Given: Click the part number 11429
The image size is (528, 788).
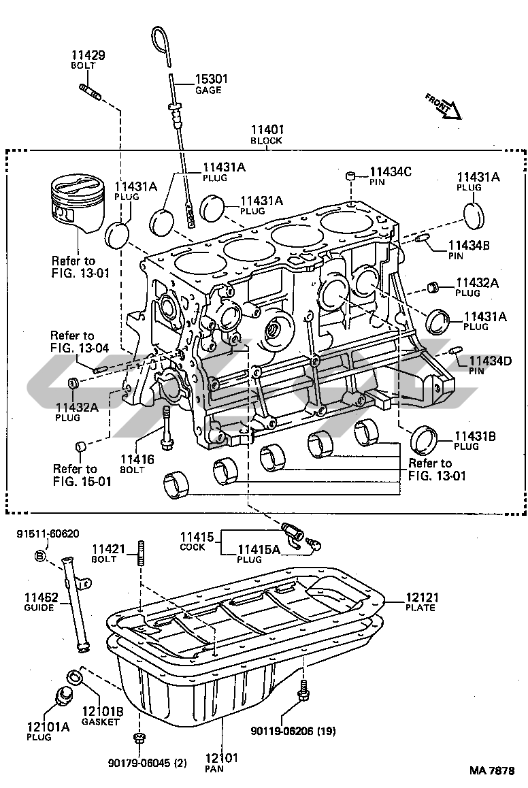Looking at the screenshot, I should click(88, 55).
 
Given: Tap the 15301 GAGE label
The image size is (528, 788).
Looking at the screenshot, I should click(210, 84).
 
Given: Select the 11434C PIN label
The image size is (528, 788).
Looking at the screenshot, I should click(391, 177).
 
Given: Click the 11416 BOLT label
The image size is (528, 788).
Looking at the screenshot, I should click(137, 464).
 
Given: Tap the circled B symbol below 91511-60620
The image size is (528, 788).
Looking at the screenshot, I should click(40, 556).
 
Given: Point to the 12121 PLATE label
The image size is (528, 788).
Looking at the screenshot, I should click(422, 602).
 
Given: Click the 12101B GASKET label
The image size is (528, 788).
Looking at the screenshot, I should click(102, 716).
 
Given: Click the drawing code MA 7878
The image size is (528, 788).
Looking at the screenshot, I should click(491, 770).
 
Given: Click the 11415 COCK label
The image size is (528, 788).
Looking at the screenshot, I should click(193, 541).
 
